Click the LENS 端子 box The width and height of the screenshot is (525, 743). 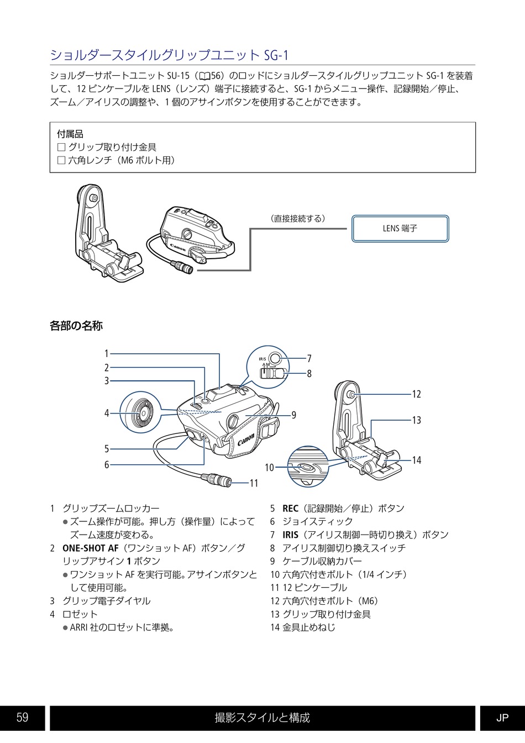point(400,228)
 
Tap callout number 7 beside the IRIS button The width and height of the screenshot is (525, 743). point(309,359)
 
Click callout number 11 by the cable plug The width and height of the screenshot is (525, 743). point(254,483)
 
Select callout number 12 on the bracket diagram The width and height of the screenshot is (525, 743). point(417,394)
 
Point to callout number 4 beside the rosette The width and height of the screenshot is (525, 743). point(107,413)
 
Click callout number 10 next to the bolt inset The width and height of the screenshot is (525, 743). point(269,468)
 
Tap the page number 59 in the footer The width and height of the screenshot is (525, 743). point(22,718)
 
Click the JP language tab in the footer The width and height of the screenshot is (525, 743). point(502,718)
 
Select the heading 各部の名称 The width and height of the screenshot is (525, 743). point(76,326)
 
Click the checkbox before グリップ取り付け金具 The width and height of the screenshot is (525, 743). point(61,147)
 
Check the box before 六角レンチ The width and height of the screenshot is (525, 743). point(61,160)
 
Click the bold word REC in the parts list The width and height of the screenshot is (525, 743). point(290,509)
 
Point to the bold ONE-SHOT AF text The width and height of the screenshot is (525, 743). point(90,548)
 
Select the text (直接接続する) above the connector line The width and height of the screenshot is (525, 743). point(297,218)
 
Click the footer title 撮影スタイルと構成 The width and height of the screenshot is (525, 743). point(262,718)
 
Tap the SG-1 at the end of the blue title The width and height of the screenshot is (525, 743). point(276,55)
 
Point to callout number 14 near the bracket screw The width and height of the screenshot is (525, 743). point(417,460)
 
